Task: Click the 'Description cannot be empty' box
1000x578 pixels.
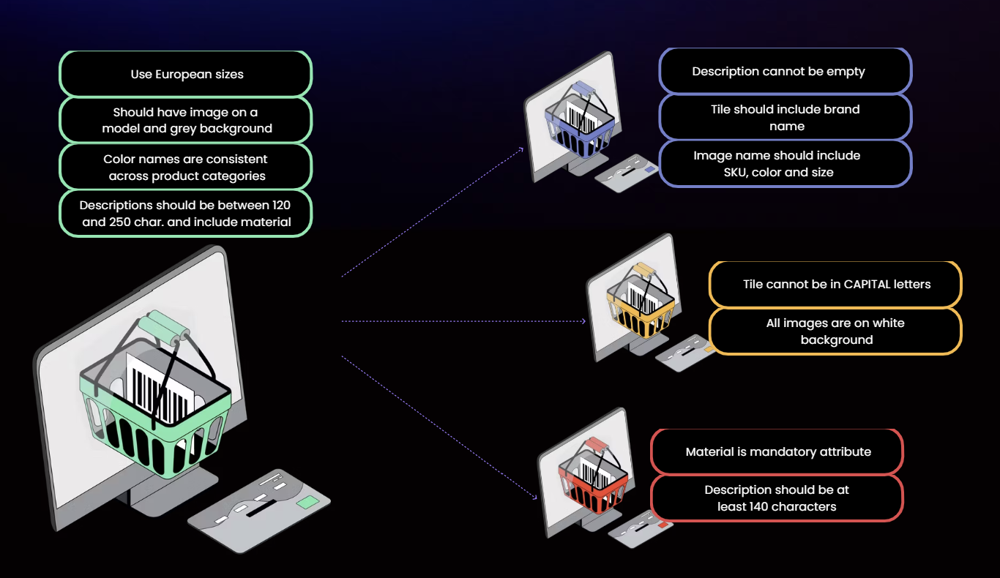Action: tap(785, 71)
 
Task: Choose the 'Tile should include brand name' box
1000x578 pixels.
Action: tap(785, 118)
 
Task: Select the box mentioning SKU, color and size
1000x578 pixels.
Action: tap(785, 164)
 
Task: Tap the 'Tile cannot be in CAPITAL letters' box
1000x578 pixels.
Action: tap(835, 284)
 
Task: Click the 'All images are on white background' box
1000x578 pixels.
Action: tap(835, 331)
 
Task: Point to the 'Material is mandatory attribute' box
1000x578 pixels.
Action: tap(777, 451)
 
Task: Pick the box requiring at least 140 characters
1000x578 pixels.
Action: tap(777, 498)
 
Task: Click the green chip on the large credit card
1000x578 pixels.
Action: tap(307, 502)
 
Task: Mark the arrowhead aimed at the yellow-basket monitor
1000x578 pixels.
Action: tap(583, 320)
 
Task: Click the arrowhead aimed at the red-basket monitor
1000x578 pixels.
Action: tap(534, 498)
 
